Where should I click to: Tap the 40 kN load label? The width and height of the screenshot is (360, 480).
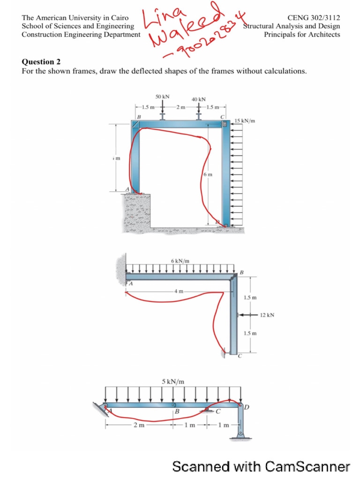pos(199,99)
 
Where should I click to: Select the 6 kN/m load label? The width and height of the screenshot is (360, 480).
pos(180,260)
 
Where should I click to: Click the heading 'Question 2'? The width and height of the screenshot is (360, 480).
pos(41,62)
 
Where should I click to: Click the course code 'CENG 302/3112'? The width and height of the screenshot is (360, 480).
pos(316,18)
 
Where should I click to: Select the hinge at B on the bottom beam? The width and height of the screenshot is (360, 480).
pos(173,405)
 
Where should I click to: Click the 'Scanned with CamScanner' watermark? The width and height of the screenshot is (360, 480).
pos(261,466)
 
